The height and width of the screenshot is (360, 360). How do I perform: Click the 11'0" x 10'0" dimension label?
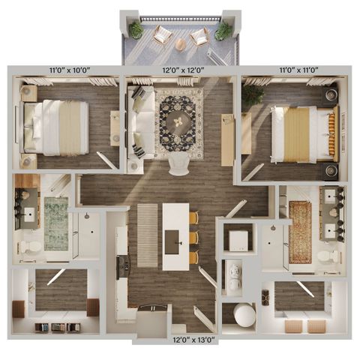[70, 70]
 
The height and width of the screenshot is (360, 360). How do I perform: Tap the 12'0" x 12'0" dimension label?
[184, 70]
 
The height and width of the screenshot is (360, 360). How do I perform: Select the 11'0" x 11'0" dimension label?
[298, 70]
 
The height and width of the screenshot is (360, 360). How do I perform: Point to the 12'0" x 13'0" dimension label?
[194, 340]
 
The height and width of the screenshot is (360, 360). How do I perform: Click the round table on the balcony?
[181, 44]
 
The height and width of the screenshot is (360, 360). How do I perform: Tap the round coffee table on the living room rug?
[179, 123]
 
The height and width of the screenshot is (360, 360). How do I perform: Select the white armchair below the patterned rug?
[178, 164]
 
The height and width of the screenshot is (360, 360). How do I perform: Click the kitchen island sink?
[172, 242]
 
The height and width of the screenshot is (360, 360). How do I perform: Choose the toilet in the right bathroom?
[328, 257]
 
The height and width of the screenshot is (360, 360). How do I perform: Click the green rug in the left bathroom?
[56, 223]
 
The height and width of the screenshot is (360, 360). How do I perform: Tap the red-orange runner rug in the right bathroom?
[300, 232]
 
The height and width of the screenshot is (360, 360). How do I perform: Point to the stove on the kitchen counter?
[123, 267]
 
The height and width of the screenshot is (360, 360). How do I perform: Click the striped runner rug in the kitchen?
[148, 235]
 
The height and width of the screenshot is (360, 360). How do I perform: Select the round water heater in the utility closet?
[244, 315]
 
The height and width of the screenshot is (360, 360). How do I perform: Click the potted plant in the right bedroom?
[253, 95]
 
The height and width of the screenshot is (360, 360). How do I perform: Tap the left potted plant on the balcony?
[136, 30]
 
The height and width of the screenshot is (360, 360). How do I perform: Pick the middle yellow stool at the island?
[194, 237]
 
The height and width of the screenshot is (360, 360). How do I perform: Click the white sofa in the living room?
[140, 122]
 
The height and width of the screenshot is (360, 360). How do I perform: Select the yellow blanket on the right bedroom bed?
[297, 135]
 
